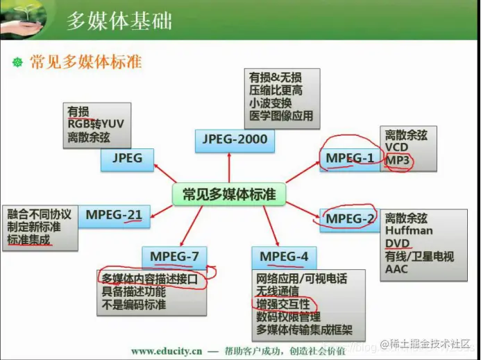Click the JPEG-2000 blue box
pyautogui.click(x=235, y=141)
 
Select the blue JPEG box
pyautogui.click(x=127, y=160)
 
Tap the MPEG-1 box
pyautogui.click(x=350, y=160)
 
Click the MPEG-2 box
pyautogui.click(x=350, y=220)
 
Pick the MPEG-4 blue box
pyautogui.click(x=284, y=258)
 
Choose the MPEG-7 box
pyautogui.click(x=174, y=258)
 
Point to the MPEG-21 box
pyautogui.click(x=114, y=216)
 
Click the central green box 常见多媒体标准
pyautogui.click(x=229, y=194)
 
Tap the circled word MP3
pyautogui.click(x=397, y=160)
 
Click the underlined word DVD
pyautogui.click(x=397, y=243)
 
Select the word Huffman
pyautogui.click(x=409, y=230)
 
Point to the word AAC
pyautogui.click(x=396, y=269)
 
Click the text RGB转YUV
pyautogui.click(x=96, y=124)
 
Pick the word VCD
pyautogui.click(x=396, y=147)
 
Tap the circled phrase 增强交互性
pyautogui.click(x=283, y=305)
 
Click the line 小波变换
pyautogui.click(x=270, y=103)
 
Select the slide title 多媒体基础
pyautogui.click(x=119, y=21)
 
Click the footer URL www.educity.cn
pyautogui.click(x=167, y=351)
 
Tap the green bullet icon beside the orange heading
pyautogui.click(x=18, y=62)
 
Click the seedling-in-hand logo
pyautogui.click(x=23, y=19)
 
